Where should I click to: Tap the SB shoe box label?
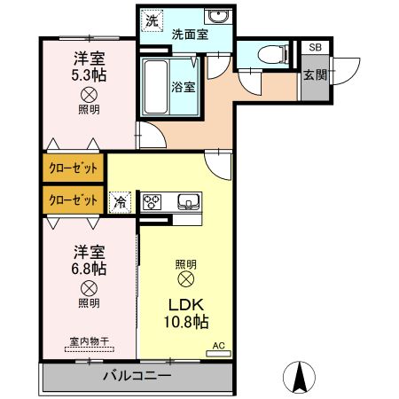(x=314, y=48)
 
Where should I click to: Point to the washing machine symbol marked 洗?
(x=153, y=20)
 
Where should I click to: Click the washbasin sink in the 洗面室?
(x=215, y=18)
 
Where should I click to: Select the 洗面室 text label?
(x=189, y=36)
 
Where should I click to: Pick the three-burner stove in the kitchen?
(x=153, y=201)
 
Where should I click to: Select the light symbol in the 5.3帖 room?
(x=89, y=94)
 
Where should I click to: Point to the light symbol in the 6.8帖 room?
(x=89, y=287)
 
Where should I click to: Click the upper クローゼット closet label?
(x=73, y=167)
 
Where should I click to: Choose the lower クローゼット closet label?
(x=73, y=199)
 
